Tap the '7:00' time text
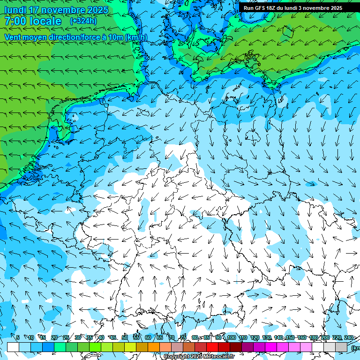click(15, 21)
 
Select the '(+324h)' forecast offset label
click(83, 21)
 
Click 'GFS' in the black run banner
click(261, 8)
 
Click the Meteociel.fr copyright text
click(199, 357)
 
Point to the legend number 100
click(231, 338)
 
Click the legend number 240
click(348, 338)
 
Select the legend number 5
click(18, 338)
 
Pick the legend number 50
click(125, 338)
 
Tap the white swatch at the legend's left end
click(13, 347)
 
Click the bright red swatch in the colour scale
click(212, 347)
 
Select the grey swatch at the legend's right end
click(341, 347)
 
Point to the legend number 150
click(290, 338)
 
